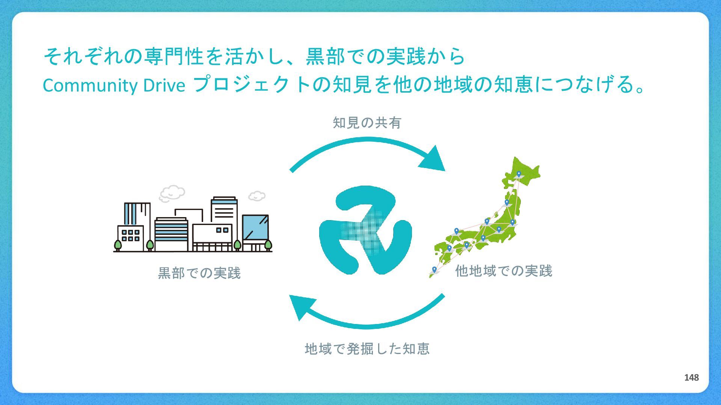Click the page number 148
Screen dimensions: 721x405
[691, 378]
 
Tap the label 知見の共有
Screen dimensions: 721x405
[367, 123]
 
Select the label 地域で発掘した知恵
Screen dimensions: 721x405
[367, 349]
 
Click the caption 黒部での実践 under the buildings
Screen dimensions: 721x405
[199, 273]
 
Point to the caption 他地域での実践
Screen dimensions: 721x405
[504, 271]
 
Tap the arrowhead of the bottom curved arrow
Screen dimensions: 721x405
[301, 305]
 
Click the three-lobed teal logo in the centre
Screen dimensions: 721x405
[365, 229]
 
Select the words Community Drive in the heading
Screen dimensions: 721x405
[114, 85]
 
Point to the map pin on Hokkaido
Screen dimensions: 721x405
[519, 174]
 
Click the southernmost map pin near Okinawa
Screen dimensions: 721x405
[434, 269]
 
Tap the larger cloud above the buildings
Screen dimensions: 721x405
[172, 193]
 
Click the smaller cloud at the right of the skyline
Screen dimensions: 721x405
[257, 196]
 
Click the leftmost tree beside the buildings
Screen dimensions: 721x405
[118, 245]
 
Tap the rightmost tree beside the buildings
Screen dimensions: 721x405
[268, 245]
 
